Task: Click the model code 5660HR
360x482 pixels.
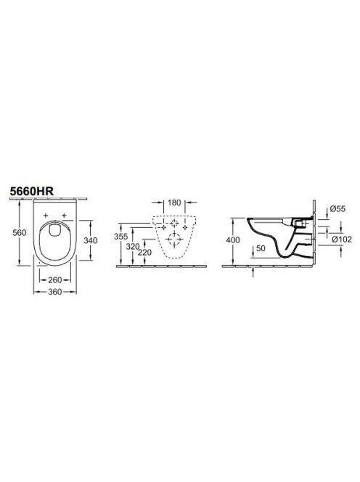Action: (x=32, y=191)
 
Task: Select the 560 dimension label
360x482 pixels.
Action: (x=19, y=233)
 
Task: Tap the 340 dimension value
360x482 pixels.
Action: (x=91, y=240)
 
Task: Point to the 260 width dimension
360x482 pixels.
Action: (x=55, y=280)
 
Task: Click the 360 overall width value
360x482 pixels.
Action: (x=55, y=292)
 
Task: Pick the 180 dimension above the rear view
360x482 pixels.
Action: (x=174, y=203)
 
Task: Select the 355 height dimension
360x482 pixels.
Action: (x=120, y=237)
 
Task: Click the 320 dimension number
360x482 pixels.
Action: (x=133, y=246)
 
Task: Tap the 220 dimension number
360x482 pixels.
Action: (x=144, y=253)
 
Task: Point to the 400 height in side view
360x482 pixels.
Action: (x=233, y=240)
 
